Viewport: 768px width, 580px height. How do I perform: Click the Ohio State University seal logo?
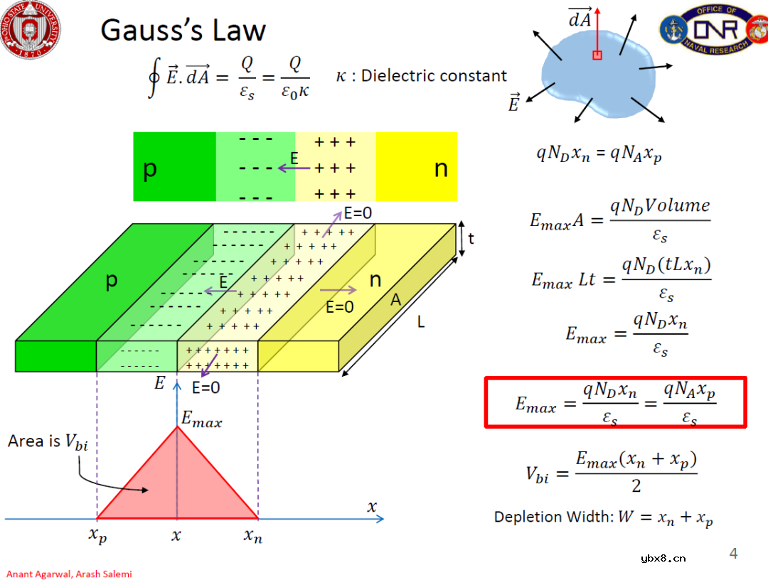point(31,29)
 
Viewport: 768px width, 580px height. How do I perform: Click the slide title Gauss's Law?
point(183,31)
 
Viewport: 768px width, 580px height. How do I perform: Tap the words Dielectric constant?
point(434,76)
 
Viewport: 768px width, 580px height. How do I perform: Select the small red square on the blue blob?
point(597,55)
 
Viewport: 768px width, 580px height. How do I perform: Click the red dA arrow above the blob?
point(597,28)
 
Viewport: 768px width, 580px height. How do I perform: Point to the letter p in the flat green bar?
point(150,169)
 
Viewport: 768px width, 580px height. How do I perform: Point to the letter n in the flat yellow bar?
point(442,168)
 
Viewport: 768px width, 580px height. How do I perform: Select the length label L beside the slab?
point(421,323)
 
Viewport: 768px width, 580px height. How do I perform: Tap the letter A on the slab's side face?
point(395,301)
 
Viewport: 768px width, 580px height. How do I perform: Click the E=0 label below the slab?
point(206,388)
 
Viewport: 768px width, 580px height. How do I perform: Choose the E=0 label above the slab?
point(358,212)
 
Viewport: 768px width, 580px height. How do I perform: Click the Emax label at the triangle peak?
point(201,420)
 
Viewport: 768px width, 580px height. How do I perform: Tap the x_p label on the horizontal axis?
point(98,536)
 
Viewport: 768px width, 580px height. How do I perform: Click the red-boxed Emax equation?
point(615,402)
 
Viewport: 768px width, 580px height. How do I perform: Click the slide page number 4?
point(734,554)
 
